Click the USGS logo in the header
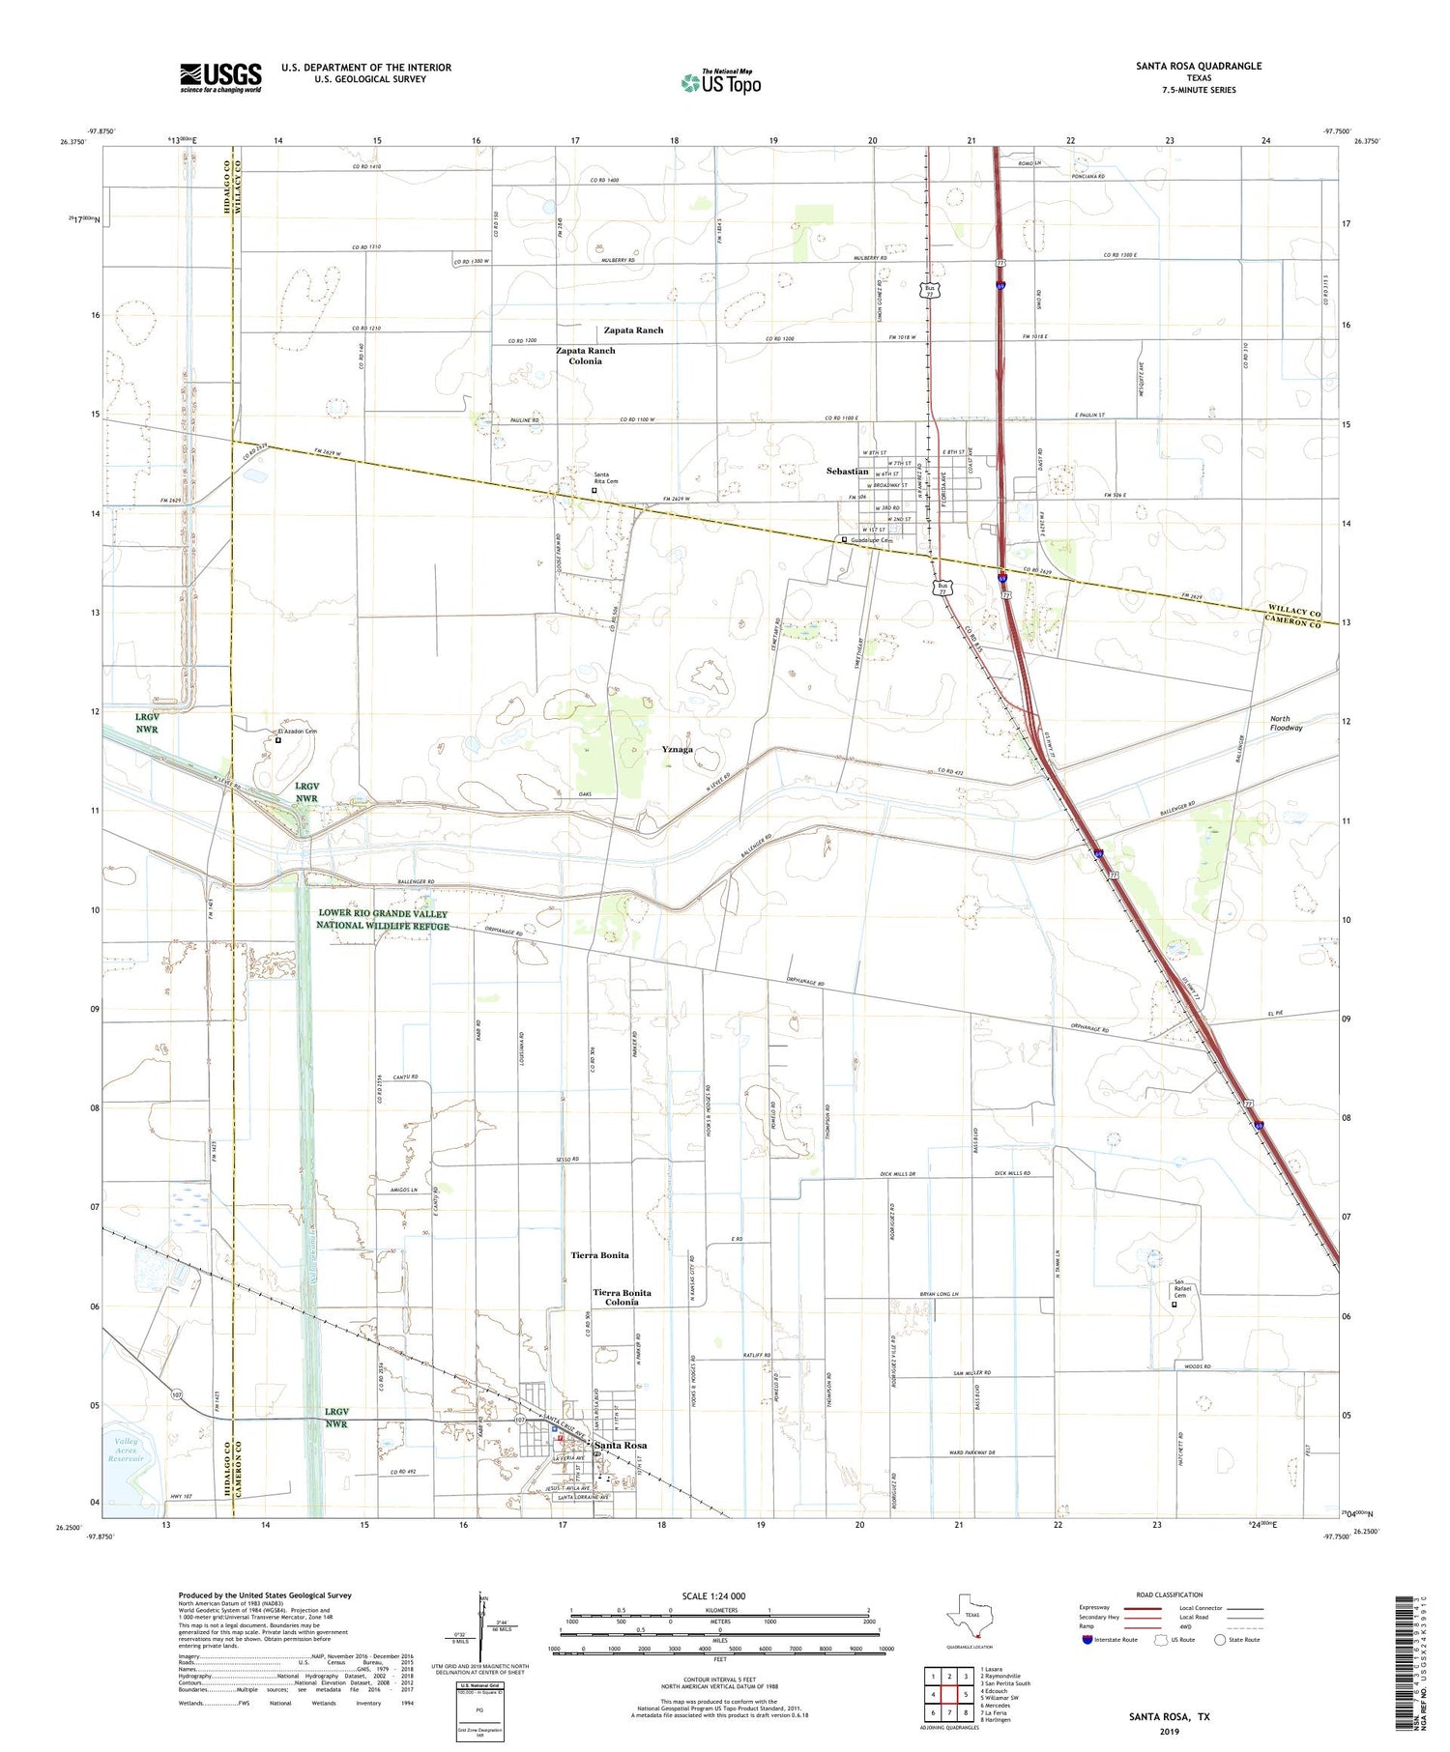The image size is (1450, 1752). coord(220,77)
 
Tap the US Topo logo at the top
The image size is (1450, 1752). coord(720,83)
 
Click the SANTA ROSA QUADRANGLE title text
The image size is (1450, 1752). coord(1199,66)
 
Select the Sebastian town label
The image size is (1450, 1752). coord(847,471)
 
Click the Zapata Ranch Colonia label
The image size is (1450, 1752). coord(585,355)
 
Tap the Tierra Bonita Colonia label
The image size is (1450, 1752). coord(622,1297)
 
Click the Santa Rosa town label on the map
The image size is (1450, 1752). coord(621,1445)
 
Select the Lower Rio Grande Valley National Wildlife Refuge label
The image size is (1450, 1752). coord(383,919)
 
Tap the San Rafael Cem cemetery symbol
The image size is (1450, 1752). coord(1174,1304)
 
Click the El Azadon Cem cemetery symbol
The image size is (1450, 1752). coord(277,740)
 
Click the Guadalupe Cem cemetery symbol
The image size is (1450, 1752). coord(843,540)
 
